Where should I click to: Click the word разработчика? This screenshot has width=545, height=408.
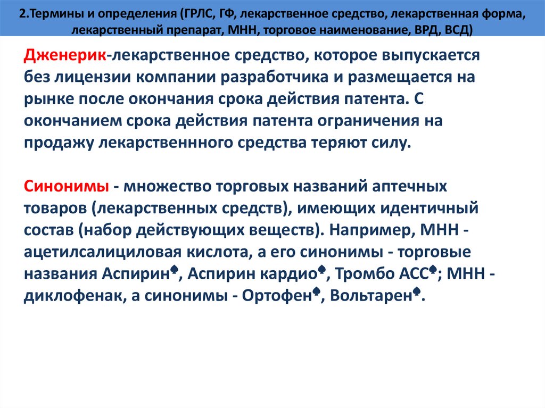point(275,77)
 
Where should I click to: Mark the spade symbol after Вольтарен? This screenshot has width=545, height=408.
point(417,292)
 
